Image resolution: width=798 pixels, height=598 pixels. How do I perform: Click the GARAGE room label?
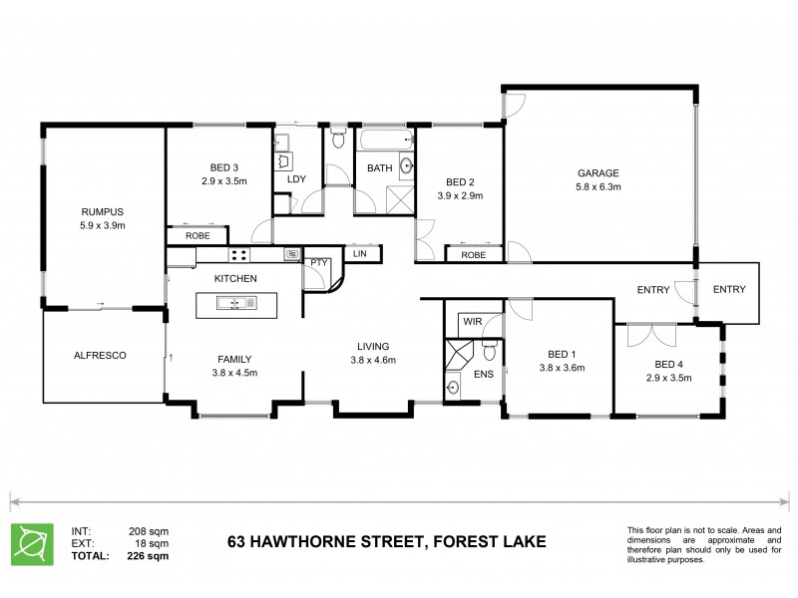point(598,171)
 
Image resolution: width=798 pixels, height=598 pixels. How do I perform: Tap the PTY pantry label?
point(319,263)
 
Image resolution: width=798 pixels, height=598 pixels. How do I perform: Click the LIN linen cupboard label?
point(360,254)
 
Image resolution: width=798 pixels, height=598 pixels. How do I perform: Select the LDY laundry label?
point(296,179)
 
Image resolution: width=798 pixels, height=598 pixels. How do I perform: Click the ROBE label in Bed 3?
point(198,236)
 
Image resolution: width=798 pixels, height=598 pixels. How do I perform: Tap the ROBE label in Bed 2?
point(474,254)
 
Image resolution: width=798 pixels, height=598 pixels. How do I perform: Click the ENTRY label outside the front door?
point(728,290)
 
